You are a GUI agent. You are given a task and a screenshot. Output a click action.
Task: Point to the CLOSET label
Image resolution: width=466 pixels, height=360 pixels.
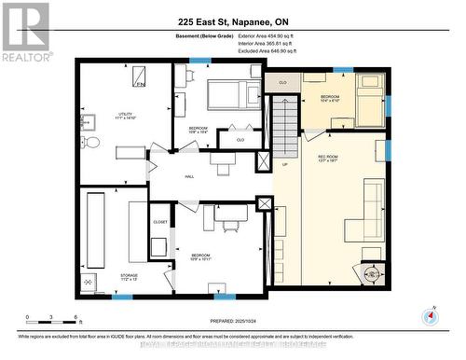pyautogui.click(x=160, y=222)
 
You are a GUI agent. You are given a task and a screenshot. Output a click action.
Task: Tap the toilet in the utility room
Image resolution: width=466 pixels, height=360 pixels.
pyautogui.click(x=90, y=143)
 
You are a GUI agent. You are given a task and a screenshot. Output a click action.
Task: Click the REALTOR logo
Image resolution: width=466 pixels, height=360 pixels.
pyautogui.click(x=25, y=28)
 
